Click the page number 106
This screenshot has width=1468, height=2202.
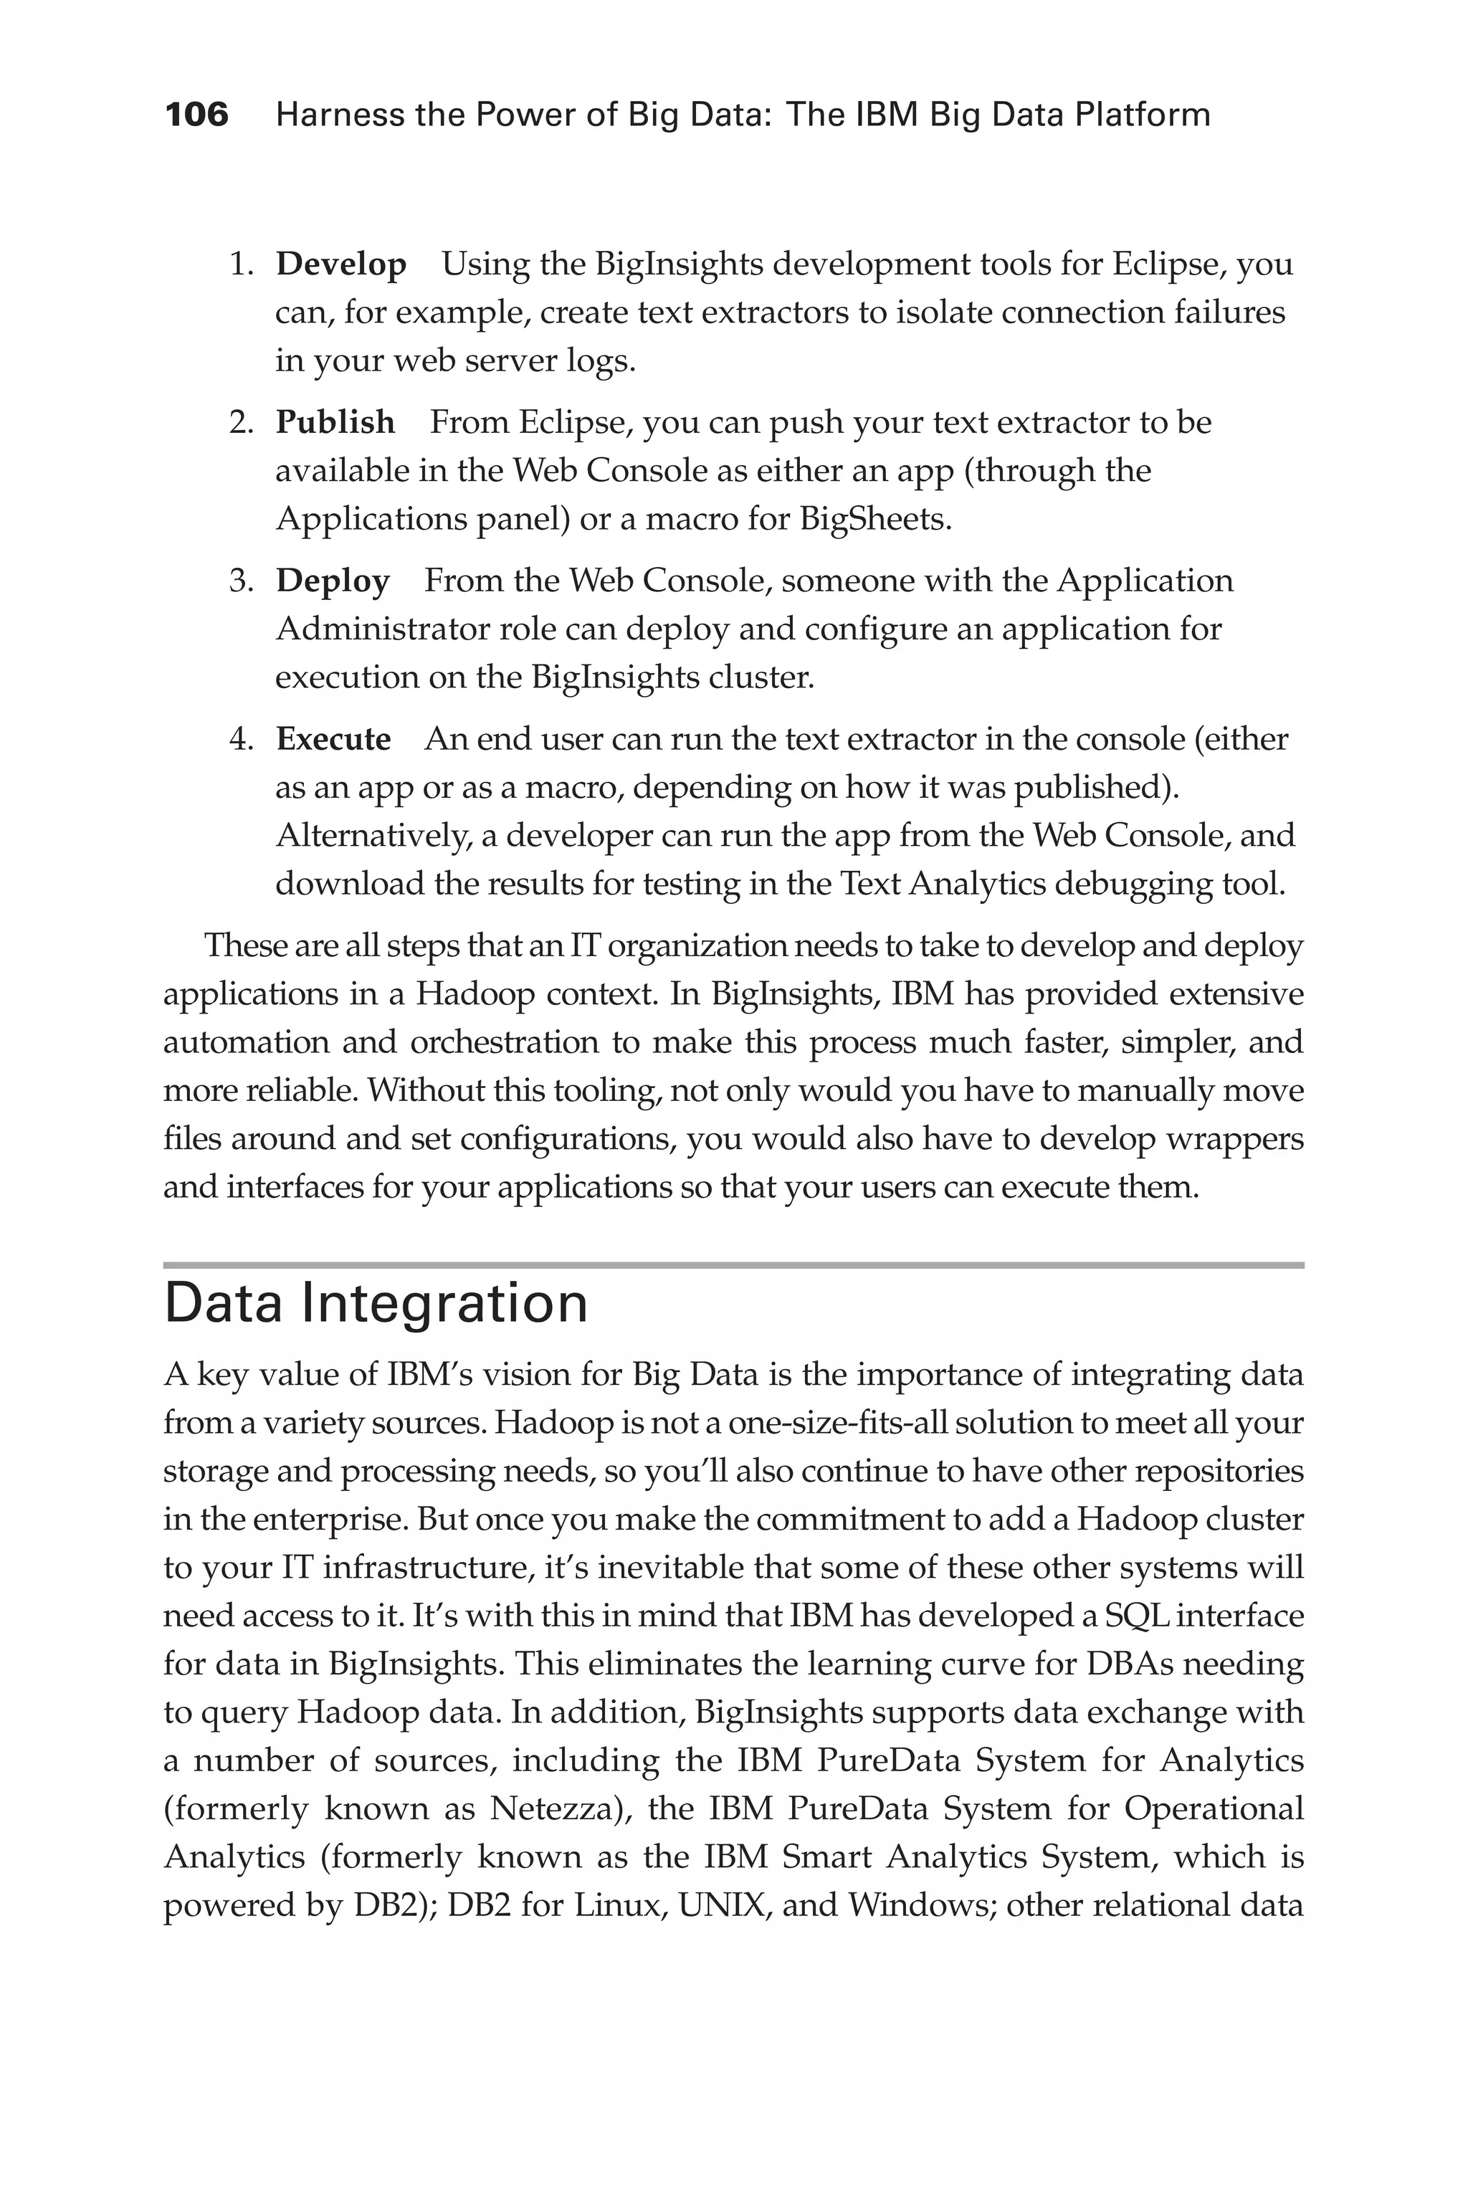196,115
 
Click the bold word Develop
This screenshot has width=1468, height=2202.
340,265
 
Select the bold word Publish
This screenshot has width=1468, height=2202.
335,423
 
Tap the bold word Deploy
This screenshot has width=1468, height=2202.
333,581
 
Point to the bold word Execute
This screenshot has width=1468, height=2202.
333,740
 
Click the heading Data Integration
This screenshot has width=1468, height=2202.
376,1303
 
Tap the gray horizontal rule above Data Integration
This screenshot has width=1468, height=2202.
733,1265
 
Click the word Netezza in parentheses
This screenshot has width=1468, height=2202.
557,1808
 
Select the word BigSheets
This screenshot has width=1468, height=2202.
874,519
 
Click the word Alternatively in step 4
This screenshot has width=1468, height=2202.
373,836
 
